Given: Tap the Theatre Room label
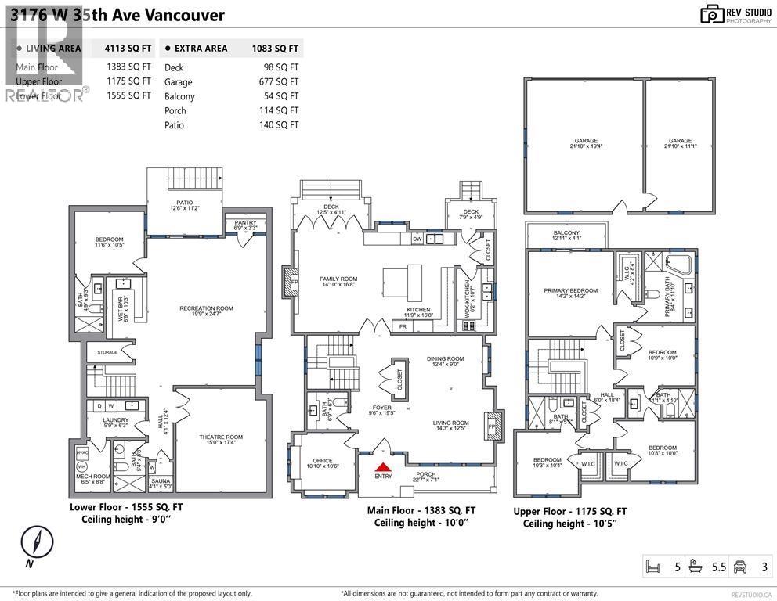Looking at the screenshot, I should click(220, 437).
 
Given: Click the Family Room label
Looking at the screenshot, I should click(338, 279).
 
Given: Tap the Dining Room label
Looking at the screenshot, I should click(445, 359).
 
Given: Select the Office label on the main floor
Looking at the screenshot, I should click(322, 460).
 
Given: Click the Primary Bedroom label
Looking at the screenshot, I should click(566, 290).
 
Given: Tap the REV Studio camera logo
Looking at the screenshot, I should click(712, 13).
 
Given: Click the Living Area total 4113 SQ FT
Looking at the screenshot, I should click(128, 49).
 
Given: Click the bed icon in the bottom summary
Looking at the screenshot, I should click(651, 567).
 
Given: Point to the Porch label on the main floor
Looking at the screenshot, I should click(427, 473).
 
